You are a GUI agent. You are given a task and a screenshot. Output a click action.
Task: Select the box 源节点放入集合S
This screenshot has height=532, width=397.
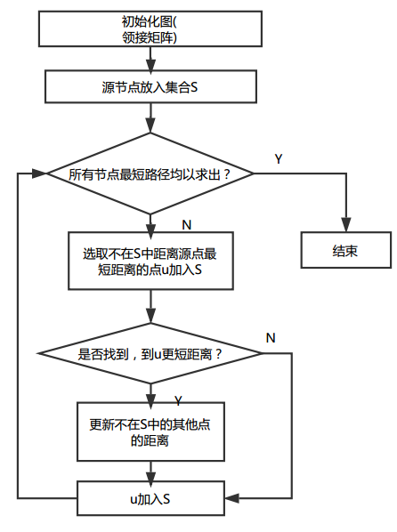149,87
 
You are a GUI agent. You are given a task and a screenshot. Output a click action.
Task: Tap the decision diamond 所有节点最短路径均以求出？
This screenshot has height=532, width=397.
150,174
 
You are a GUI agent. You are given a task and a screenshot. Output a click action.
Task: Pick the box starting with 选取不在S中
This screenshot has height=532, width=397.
150,262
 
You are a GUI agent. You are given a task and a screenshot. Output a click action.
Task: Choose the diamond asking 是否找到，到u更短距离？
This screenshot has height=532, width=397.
150,353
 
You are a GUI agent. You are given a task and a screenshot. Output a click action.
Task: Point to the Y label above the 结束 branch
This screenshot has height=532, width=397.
279,158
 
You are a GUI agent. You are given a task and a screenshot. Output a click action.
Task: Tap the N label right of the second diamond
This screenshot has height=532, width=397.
271,337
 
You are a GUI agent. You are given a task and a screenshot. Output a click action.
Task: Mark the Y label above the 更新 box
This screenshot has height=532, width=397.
178,399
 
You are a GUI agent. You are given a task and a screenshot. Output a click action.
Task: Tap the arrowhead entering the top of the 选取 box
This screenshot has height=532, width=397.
150,227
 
